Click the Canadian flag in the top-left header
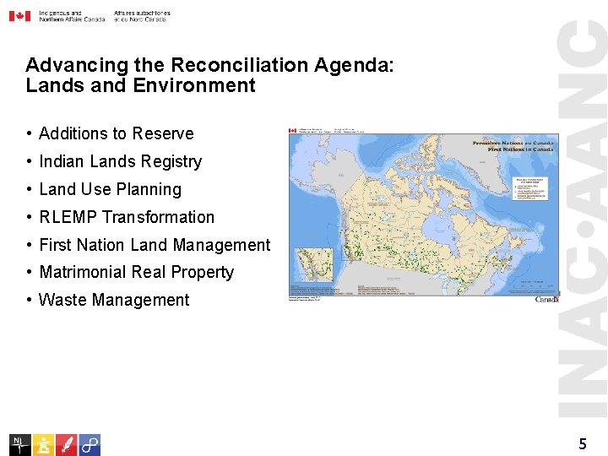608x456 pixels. pos(19,16)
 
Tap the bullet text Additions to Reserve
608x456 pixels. pos(116,133)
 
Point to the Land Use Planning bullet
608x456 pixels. pos(110,189)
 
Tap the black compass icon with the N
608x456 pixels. pos(20,444)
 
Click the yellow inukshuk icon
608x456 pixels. pos(43,444)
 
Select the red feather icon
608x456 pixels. pos(66,444)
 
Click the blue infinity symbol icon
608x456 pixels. pos(90,444)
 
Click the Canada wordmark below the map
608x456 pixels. pos(546,300)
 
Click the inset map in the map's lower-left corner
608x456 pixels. pos(312,268)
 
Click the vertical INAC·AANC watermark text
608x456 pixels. pos(584,220)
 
